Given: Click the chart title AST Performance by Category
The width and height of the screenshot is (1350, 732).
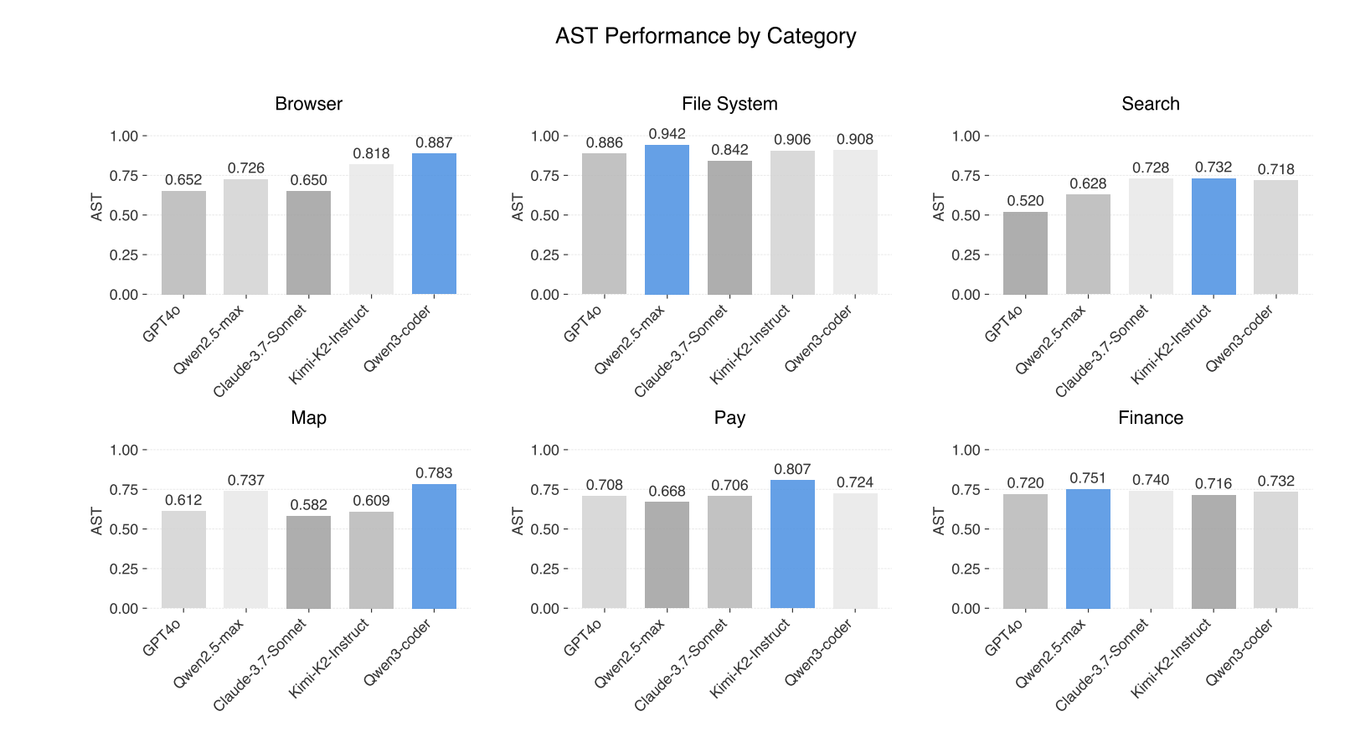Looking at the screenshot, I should (x=705, y=36).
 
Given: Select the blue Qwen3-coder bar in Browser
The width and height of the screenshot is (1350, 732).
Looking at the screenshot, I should (x=434, y=224).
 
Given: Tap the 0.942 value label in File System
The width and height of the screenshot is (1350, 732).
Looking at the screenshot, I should (x=667, y=134).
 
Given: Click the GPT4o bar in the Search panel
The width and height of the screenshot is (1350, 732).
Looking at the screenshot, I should (x=1025, y=253).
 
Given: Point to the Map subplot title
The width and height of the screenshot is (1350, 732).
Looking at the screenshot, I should (x=308, y=418).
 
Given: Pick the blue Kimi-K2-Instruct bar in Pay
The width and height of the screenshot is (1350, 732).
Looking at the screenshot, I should (x=792, y=544).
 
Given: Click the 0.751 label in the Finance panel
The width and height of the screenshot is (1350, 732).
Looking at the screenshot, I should (x=1088, y=478).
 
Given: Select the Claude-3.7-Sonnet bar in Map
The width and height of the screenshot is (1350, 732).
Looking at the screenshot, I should (x=308, y=562).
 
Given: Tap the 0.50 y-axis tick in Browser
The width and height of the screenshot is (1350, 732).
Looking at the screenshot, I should (x=124, y=215).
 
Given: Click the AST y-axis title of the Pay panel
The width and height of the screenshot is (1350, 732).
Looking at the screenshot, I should (x=518, y=521).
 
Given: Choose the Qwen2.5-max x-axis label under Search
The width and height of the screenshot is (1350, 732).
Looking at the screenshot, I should (x=1051, y=339).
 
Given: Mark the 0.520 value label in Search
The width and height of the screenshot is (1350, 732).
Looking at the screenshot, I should (x=1025, y=201).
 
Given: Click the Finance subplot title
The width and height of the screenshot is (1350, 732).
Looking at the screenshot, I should (x=1150, y=418).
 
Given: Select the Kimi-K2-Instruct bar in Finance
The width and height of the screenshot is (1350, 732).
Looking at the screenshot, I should (x=1213, y=551).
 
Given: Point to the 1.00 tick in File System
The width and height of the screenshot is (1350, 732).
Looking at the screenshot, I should (x=544, y=136).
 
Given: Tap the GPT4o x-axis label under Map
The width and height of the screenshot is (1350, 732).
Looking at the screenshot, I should (x=162, y=638).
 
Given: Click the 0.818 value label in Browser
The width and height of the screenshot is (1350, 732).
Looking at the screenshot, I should (x=371, y=154).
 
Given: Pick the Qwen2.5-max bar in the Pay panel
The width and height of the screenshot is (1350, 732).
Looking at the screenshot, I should (x=667, y=554).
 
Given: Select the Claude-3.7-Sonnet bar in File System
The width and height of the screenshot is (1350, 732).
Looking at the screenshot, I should (x=729, y=228).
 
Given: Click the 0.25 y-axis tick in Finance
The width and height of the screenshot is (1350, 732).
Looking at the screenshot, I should (x=966, y=569).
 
